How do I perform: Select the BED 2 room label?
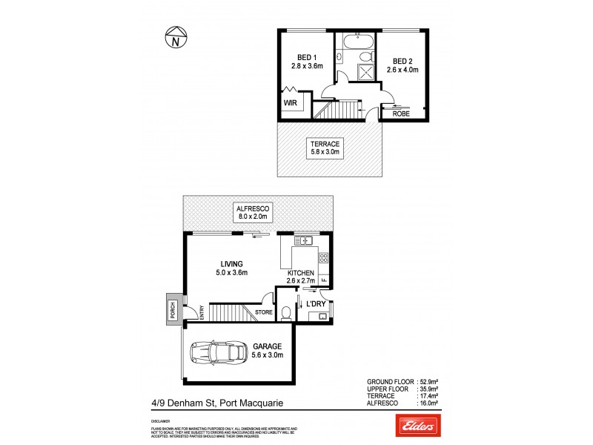(x=402, y=62)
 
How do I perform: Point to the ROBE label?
(x=401, y=113)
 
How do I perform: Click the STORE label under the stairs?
(x=265, y=313)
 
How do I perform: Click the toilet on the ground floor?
(x=287, y=313)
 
